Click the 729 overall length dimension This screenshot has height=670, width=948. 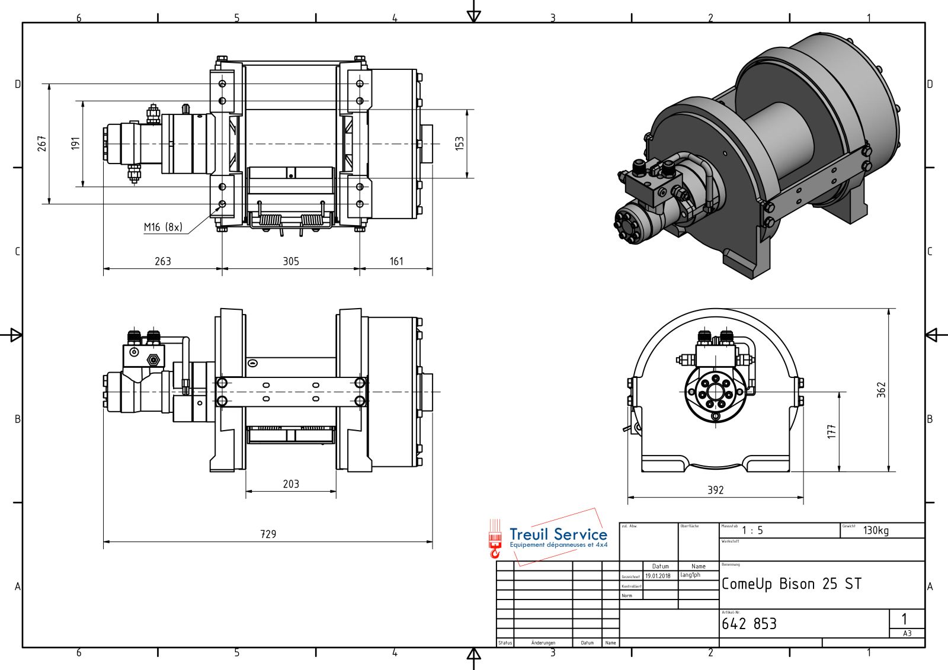268,534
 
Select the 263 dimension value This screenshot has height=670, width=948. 163,261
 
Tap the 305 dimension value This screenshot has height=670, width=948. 291,261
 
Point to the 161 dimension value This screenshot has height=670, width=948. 396,261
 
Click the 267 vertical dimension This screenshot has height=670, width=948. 42,143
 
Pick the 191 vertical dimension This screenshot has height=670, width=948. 75,143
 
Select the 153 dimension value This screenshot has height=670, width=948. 460,143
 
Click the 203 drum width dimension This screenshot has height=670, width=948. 291,484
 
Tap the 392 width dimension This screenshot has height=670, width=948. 716,490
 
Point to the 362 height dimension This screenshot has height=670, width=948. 882,389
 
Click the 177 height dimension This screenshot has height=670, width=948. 832,431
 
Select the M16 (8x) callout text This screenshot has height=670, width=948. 163,227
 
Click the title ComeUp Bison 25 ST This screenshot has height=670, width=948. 791,584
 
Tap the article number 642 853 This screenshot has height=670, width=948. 749,624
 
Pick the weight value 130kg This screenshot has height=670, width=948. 876,530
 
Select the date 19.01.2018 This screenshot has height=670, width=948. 658,576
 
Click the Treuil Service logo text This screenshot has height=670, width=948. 558,534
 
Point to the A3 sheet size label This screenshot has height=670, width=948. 907,633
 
